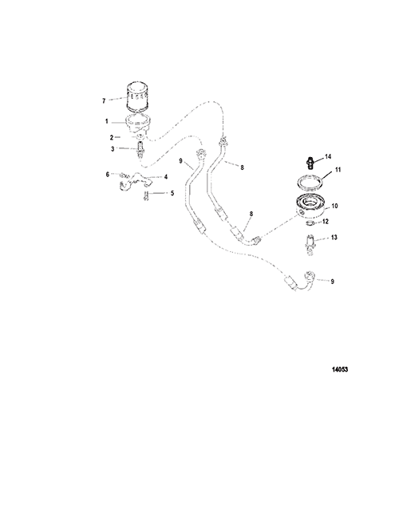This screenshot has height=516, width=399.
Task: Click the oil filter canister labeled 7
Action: click(x=138, y=97)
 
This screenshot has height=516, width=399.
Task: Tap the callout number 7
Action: click(x=104, y=100)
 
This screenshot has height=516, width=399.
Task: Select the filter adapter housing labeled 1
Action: click(x=138, y=123)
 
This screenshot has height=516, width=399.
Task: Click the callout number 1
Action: click(x=107, y=121)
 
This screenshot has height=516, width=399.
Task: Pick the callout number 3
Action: click(x=113, y=149)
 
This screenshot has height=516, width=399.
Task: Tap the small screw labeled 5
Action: click(x=146, y=195)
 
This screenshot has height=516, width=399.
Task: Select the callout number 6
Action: click(x=108, y=175)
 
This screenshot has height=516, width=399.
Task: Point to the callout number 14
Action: click(x=328, y=156)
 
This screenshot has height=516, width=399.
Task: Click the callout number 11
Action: click(x=338, y=170)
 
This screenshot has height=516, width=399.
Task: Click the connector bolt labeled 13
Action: click(x=310, y=243)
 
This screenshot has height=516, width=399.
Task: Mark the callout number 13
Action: click(x=334, y=238)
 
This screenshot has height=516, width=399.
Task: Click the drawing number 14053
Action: click(x=340, y=369)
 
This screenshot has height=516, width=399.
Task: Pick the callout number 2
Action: click(x=112, y=137)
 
